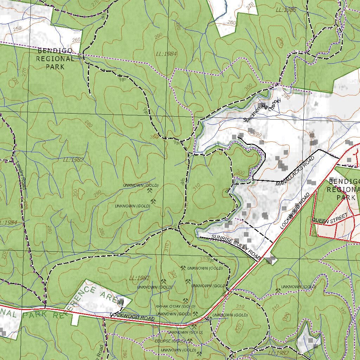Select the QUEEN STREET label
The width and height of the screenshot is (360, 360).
pyautogui.click(x=330, y=218)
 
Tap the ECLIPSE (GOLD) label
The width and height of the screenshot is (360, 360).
pyautogui.click(x=170, y=341)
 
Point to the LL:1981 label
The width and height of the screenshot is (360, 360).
pyautogui.click(x=140, y=278)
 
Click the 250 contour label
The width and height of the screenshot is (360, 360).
pyautogui.click(x=17, y=28)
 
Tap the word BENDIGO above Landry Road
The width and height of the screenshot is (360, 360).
pyautogui.click(x=55, y=51)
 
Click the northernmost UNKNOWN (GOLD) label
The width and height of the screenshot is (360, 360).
pyautogui.click(x=141, y=185)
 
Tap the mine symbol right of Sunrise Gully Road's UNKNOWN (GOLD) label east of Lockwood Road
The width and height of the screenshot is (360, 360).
pyautogui.click(x=278, y=291)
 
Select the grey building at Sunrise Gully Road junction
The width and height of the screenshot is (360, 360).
pyautogui.click(x=271, y=260)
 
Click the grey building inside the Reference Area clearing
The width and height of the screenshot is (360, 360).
pyautogui.click(x=121, y=302)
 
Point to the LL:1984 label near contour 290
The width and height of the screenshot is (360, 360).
pyautogui.click(x=166, y=54)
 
